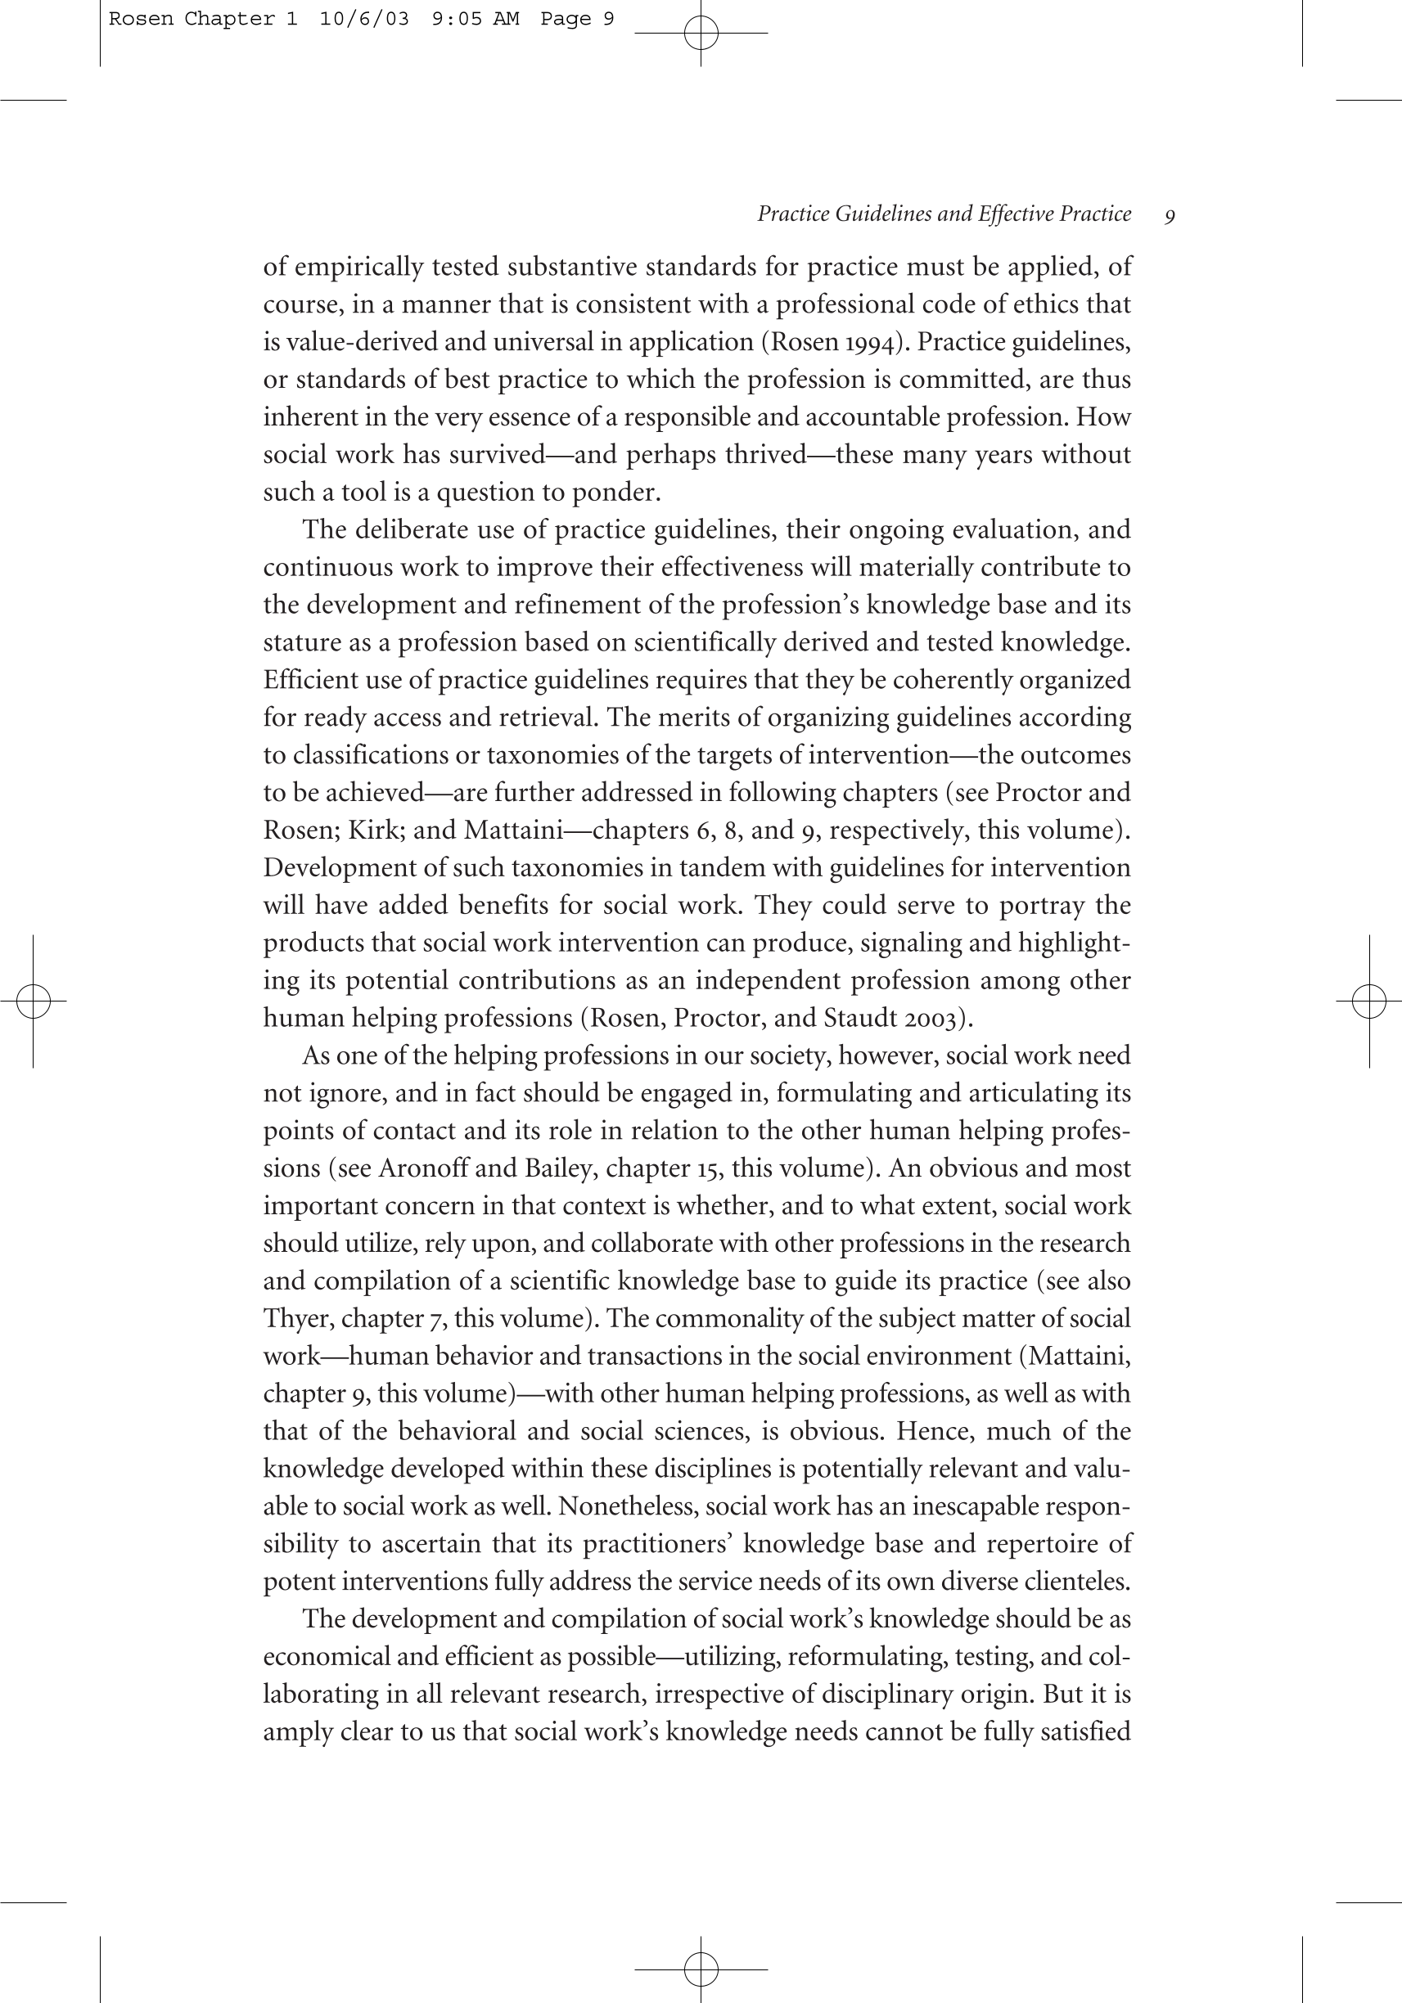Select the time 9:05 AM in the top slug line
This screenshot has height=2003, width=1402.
tap(476, 19)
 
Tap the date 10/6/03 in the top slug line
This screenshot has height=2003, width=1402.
tap(364, 19)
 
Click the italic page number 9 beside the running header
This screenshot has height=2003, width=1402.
tap(1169, 216)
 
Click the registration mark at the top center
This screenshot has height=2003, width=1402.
tap(701, 34)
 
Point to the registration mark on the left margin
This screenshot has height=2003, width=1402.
tap(34, 1001)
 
